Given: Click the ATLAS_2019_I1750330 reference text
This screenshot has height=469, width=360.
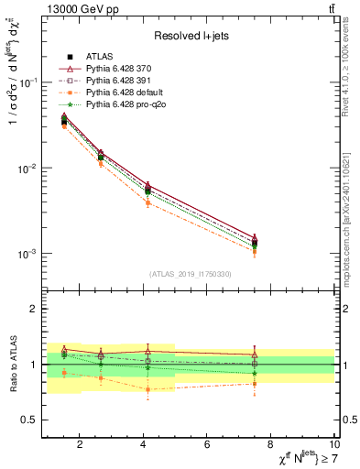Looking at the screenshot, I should (190, 274).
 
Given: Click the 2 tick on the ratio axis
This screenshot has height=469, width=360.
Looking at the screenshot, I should (34, 309).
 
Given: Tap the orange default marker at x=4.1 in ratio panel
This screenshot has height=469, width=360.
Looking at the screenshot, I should (147, 389).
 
